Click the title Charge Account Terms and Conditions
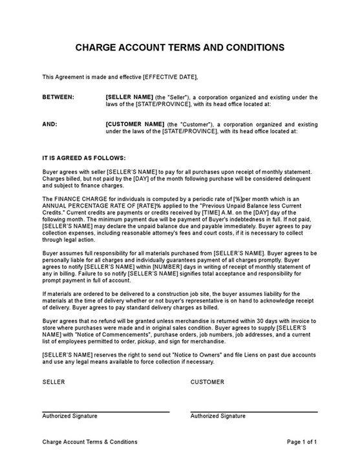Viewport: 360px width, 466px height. tap(180, 47)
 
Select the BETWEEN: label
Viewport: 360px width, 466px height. tap(58, 97)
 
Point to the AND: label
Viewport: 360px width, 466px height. tap(49, 123)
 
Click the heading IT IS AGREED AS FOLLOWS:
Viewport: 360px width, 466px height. tap(84, 157)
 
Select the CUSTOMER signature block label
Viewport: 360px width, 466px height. tap(207, 382)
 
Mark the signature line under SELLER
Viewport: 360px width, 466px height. tap(106, 411)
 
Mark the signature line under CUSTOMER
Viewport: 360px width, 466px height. tap(254, 411)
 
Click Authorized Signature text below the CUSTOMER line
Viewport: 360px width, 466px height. tap(217, 417)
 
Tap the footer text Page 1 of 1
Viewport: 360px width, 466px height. tap(301, 442)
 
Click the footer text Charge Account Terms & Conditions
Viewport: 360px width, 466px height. tap(90, 442)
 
